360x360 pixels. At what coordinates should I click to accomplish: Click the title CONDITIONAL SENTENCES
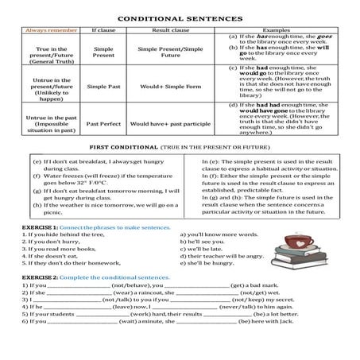tap(180, 15)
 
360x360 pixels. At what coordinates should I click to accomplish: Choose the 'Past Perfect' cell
tap(104, 124)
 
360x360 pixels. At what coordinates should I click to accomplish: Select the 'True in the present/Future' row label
tap(46, 52)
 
